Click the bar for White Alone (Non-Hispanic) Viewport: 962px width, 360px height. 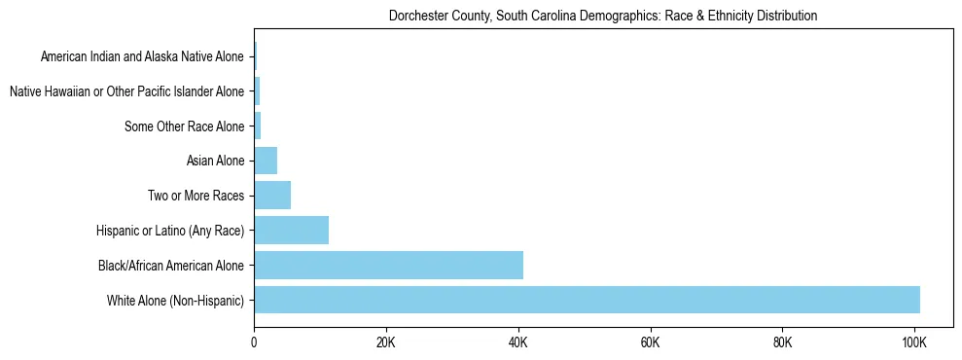(587, 300)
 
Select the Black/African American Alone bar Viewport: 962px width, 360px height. (388, 265)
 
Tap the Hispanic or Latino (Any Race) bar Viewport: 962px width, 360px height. (291, 231)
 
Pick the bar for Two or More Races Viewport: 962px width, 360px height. (272, 196)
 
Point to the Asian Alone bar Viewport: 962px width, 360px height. (266, 161)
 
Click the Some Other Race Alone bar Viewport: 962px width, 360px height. (258, 126)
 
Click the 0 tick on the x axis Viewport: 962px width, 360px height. (254, 342)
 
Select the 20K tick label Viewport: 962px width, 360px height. (386, 342)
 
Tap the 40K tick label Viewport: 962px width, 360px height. (518, 342)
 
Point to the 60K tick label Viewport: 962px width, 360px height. (651, 342)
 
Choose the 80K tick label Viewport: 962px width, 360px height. (782, 342)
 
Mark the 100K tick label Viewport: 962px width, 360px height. (914, 342)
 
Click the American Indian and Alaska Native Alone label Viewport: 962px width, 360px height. (142, 57)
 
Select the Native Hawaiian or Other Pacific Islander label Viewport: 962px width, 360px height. (126, 92)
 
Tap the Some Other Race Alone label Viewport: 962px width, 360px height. (185, 126)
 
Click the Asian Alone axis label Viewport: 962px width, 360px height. (215, 162)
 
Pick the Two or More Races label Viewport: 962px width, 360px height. (196, 196)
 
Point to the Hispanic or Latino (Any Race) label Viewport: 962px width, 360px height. (170, 231)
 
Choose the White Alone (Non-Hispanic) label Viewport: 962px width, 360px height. (175, 300)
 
